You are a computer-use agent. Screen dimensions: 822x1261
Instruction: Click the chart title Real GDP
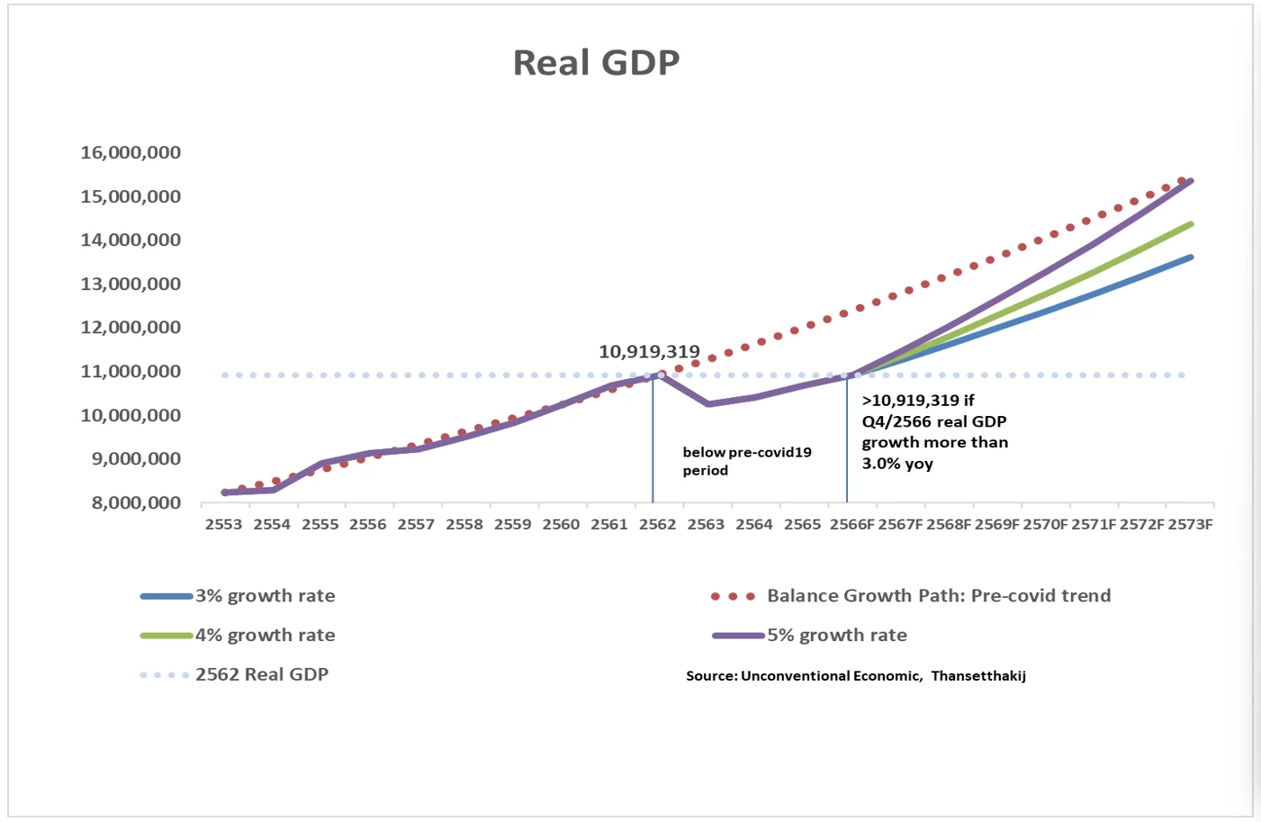tap(596, 63)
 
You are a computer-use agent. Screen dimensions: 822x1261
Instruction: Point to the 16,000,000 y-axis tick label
tap(131, 152)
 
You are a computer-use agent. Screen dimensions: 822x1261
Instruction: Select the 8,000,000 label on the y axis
tap(136, 502)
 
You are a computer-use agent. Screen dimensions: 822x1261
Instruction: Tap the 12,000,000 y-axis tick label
tap(131, 328)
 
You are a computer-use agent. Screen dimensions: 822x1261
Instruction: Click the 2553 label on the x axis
tap(223, 525)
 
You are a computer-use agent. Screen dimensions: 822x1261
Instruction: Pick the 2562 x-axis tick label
tap(657, 525)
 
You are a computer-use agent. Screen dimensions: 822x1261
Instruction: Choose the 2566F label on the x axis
tap(851, 525)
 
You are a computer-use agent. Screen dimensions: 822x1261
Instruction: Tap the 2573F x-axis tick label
tap(1190, 525)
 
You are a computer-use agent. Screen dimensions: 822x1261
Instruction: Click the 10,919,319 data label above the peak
tap(649, 352)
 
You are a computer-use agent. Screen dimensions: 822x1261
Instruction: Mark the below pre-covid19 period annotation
tap(746, 461)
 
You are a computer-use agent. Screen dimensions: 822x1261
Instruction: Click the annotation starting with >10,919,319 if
tap(934, 432)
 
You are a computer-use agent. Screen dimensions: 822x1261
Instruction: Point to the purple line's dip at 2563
tap(708, 403)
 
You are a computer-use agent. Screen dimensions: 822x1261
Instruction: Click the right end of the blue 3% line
tap(1191, 257)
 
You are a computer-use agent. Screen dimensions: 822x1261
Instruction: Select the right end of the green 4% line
tap(1191, 224)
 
